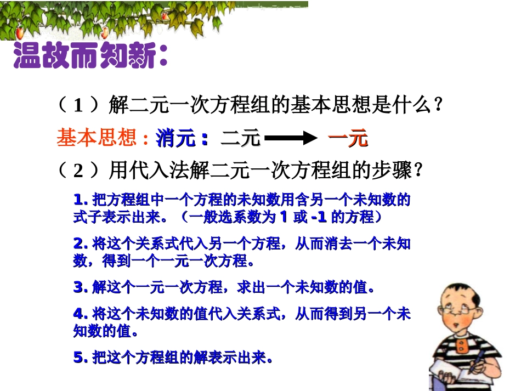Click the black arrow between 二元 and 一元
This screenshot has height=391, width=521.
pos(290,139)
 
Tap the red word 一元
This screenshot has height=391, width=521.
pos(348,139)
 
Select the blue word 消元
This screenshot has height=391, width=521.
pos(175,139)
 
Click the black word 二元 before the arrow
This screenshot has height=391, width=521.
pos(241,139)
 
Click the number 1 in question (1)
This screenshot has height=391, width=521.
pos(78,106)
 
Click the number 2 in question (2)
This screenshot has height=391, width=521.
pos(78,172)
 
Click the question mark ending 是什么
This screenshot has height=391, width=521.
pos(437,105)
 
